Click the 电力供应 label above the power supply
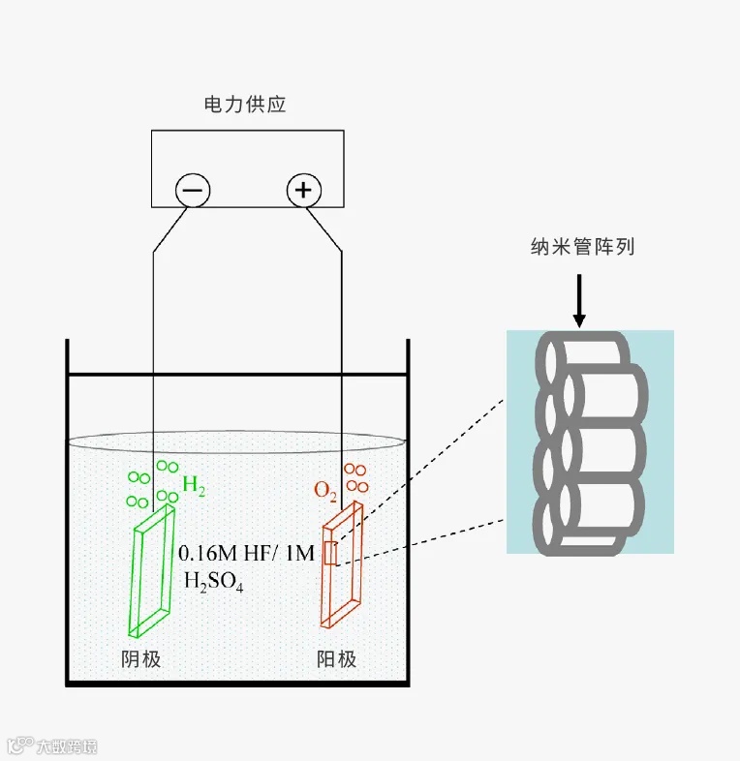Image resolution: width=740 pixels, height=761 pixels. tap(246, 105)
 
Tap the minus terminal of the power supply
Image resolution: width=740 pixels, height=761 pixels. tap(192, 190)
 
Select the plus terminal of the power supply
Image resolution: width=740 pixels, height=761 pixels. tap(304, 190)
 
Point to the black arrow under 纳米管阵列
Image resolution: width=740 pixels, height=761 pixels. tap(579, 300)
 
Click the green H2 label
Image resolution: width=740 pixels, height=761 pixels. tap(194, 487)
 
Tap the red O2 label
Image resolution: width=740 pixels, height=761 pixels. tap(325, 492)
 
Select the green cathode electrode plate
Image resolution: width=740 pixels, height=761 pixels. tap(154, 571)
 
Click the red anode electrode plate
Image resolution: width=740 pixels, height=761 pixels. tap(343, 571)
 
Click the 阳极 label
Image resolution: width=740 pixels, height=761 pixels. tap(337, 659)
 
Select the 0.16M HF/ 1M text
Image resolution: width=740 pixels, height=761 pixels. tap(247, 553)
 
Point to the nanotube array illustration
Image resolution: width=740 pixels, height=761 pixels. tap(590, 442)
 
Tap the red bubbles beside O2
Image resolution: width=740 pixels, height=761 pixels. tap(356, 478)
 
